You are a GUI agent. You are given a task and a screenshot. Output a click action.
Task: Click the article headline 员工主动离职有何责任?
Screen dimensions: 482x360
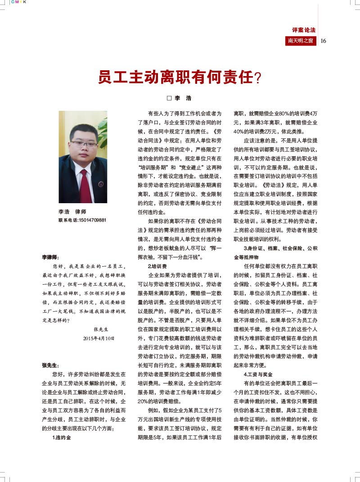[180, 77]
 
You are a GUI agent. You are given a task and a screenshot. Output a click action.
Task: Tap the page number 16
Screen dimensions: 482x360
[323, 41]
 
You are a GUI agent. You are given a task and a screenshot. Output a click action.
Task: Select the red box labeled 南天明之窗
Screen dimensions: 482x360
[301, 41]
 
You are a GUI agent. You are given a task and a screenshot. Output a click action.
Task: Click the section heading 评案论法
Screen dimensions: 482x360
[304, 30]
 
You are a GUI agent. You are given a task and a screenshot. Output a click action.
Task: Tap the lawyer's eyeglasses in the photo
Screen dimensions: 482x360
[84, 145]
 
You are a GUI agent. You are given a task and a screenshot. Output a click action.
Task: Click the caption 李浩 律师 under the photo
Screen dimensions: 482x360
[72, 212]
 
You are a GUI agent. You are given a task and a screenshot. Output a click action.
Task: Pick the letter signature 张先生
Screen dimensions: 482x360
[102, 329]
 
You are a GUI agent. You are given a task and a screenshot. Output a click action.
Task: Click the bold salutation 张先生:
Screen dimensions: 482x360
[50, 365]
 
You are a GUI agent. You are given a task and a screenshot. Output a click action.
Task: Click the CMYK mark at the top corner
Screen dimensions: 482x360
[18, 2]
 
